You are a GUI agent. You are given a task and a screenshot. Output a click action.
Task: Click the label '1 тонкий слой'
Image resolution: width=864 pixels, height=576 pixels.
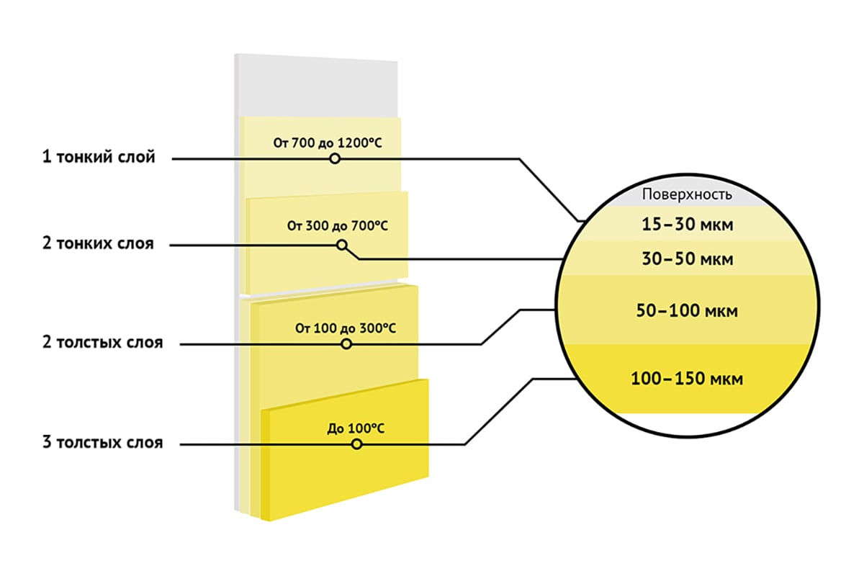[99, 157]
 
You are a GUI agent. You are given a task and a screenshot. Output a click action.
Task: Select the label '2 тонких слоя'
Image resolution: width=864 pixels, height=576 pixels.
[98, 243]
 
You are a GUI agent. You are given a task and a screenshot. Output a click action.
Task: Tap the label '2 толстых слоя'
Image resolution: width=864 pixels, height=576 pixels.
[102, 342]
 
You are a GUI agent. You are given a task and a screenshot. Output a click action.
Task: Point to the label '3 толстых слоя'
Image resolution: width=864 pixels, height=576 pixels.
[102, 442]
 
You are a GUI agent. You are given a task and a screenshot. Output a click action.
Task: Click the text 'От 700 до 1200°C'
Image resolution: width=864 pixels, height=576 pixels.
[328, 143]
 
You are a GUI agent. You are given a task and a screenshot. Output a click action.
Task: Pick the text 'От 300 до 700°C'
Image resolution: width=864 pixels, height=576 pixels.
[338, 225]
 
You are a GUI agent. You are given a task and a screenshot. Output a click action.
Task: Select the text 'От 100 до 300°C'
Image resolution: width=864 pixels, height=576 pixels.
[346, 328]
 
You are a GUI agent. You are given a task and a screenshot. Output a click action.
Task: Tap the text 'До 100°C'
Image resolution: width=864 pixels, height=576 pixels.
[356, 428]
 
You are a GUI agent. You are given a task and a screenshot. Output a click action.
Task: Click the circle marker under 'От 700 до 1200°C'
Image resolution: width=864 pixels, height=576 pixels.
[335, 158]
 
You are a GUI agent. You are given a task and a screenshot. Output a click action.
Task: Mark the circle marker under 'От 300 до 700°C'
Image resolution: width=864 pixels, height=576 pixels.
[342, 245]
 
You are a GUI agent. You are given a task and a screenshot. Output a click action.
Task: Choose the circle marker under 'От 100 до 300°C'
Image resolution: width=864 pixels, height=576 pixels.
[346, 343]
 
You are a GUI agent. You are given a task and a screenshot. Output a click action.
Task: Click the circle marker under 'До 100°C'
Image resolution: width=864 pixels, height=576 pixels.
[357, 444]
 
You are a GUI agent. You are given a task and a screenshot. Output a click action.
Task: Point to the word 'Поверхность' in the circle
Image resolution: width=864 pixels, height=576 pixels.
[687, 194]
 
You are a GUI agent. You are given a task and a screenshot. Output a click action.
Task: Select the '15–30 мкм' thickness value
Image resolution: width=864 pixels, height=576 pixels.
[688, 224]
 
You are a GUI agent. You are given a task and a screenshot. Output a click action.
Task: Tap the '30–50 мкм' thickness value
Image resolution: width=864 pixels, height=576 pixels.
[688, 258]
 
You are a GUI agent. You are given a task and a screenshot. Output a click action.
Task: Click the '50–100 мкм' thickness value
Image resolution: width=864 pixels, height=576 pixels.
[687, 310]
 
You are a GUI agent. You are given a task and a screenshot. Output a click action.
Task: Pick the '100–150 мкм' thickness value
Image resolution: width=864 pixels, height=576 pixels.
[687, 379]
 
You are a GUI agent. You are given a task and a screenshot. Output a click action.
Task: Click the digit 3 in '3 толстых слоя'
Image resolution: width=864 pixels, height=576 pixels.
[47, 442]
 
